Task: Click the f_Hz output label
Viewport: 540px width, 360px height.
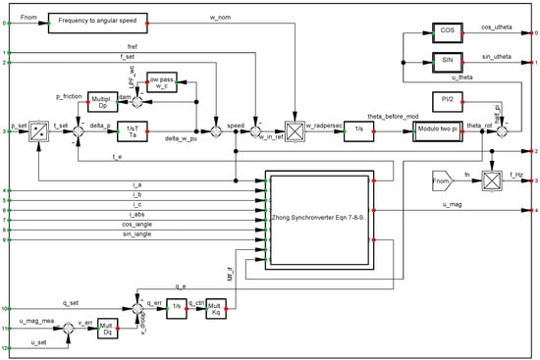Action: coord(514,175)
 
